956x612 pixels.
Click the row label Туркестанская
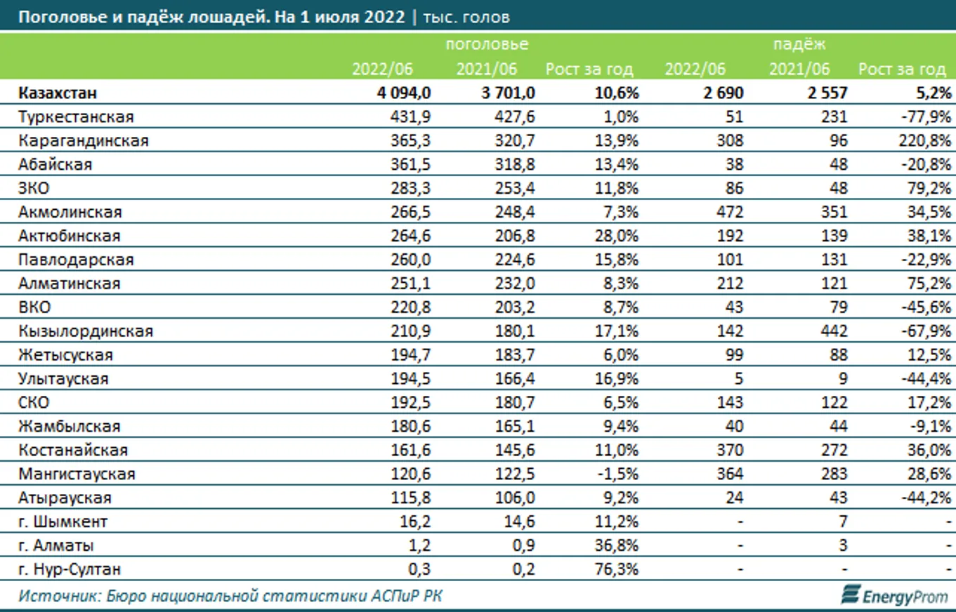click(x=76, y=117)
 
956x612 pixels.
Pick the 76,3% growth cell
click(x=617, y=569)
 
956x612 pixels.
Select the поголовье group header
click(x=486, y=45)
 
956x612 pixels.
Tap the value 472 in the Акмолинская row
click(x=731, y=212)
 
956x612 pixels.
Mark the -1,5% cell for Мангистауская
click(x=620, y=474)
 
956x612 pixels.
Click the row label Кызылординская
click(x=86, y=331)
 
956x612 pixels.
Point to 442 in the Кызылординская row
click(x=834, y=331)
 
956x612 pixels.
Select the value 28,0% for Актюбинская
click(x=617, y=236)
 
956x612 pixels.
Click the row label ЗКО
click(x=34, y=188)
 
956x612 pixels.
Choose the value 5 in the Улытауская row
click(x=738, y=378)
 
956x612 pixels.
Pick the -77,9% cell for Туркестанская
click(x=929, y=117)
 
